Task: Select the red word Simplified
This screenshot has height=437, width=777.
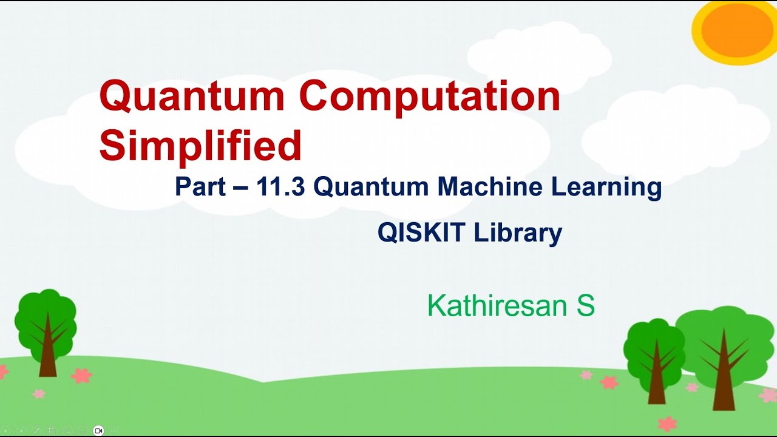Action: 200,146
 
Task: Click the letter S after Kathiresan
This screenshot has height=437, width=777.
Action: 585,306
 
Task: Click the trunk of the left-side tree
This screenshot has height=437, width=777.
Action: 47,358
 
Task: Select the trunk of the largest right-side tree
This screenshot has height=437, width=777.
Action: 723,379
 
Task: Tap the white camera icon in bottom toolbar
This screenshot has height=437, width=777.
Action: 98,430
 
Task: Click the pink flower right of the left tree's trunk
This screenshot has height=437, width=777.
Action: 81,376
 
